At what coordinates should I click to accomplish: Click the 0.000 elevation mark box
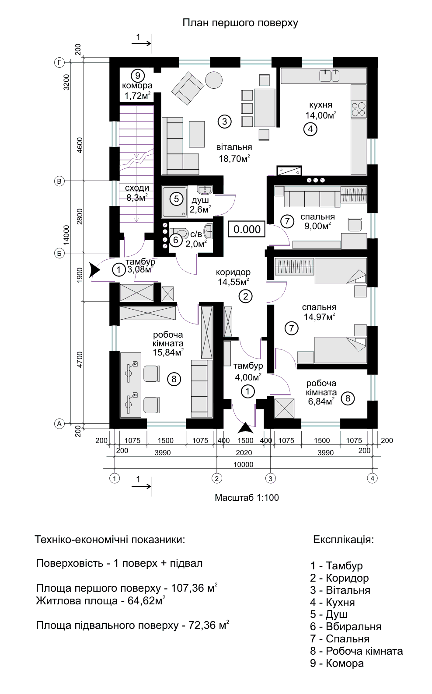[x=247, y=229]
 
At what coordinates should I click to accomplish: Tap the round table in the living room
[x=214, y=80]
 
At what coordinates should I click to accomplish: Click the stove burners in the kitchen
[x=359, y=109]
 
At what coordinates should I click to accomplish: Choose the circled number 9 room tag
[x=137, y=75]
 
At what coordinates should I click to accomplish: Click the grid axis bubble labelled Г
[x=59, y=63]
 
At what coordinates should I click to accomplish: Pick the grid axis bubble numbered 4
[x=372, y=478]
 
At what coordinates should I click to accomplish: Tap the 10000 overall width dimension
[x=244, y=464]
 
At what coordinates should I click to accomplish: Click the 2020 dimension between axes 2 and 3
[x=244, y=453]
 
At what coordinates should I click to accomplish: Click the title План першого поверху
[x=240, y=23]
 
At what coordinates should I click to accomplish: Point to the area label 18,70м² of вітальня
[x=234, y=159]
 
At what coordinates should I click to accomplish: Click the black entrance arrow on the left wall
[x=95, y=270]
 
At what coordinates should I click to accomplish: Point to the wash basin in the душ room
[x=205, y=189]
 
